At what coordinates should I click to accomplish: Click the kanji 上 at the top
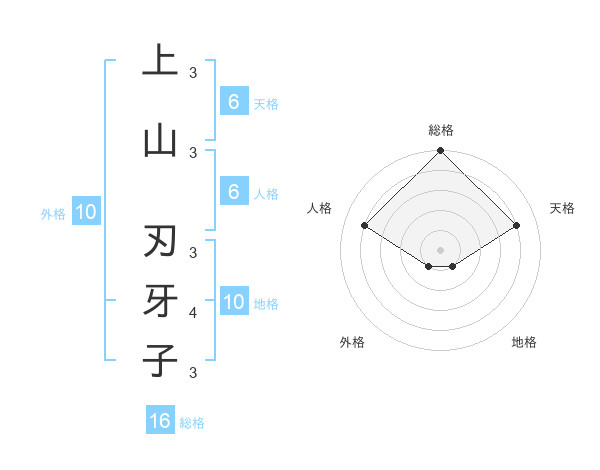point(160,61)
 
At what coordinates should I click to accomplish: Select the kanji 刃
point(160,242)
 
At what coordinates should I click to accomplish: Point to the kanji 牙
point(160,301)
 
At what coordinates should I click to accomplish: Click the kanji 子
point(160,361)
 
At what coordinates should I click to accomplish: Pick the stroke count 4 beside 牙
point(193,313)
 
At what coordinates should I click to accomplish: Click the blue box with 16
point(160,421)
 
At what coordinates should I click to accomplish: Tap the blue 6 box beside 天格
point(233,102)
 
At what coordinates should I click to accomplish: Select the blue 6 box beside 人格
point(233,192)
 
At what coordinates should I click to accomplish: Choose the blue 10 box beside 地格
point(234,302)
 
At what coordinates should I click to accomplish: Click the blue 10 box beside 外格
point(85,212)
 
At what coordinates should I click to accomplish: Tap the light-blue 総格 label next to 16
point(192,423)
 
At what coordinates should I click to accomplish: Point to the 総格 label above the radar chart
point(441,130)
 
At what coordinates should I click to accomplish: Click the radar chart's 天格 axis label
point(562,208)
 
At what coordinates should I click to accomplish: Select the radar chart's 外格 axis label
point(352,342)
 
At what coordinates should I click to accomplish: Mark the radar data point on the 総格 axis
point(441,151)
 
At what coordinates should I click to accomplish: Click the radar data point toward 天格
point(517,226)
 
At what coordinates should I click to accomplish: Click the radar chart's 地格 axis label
point(524,342)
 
